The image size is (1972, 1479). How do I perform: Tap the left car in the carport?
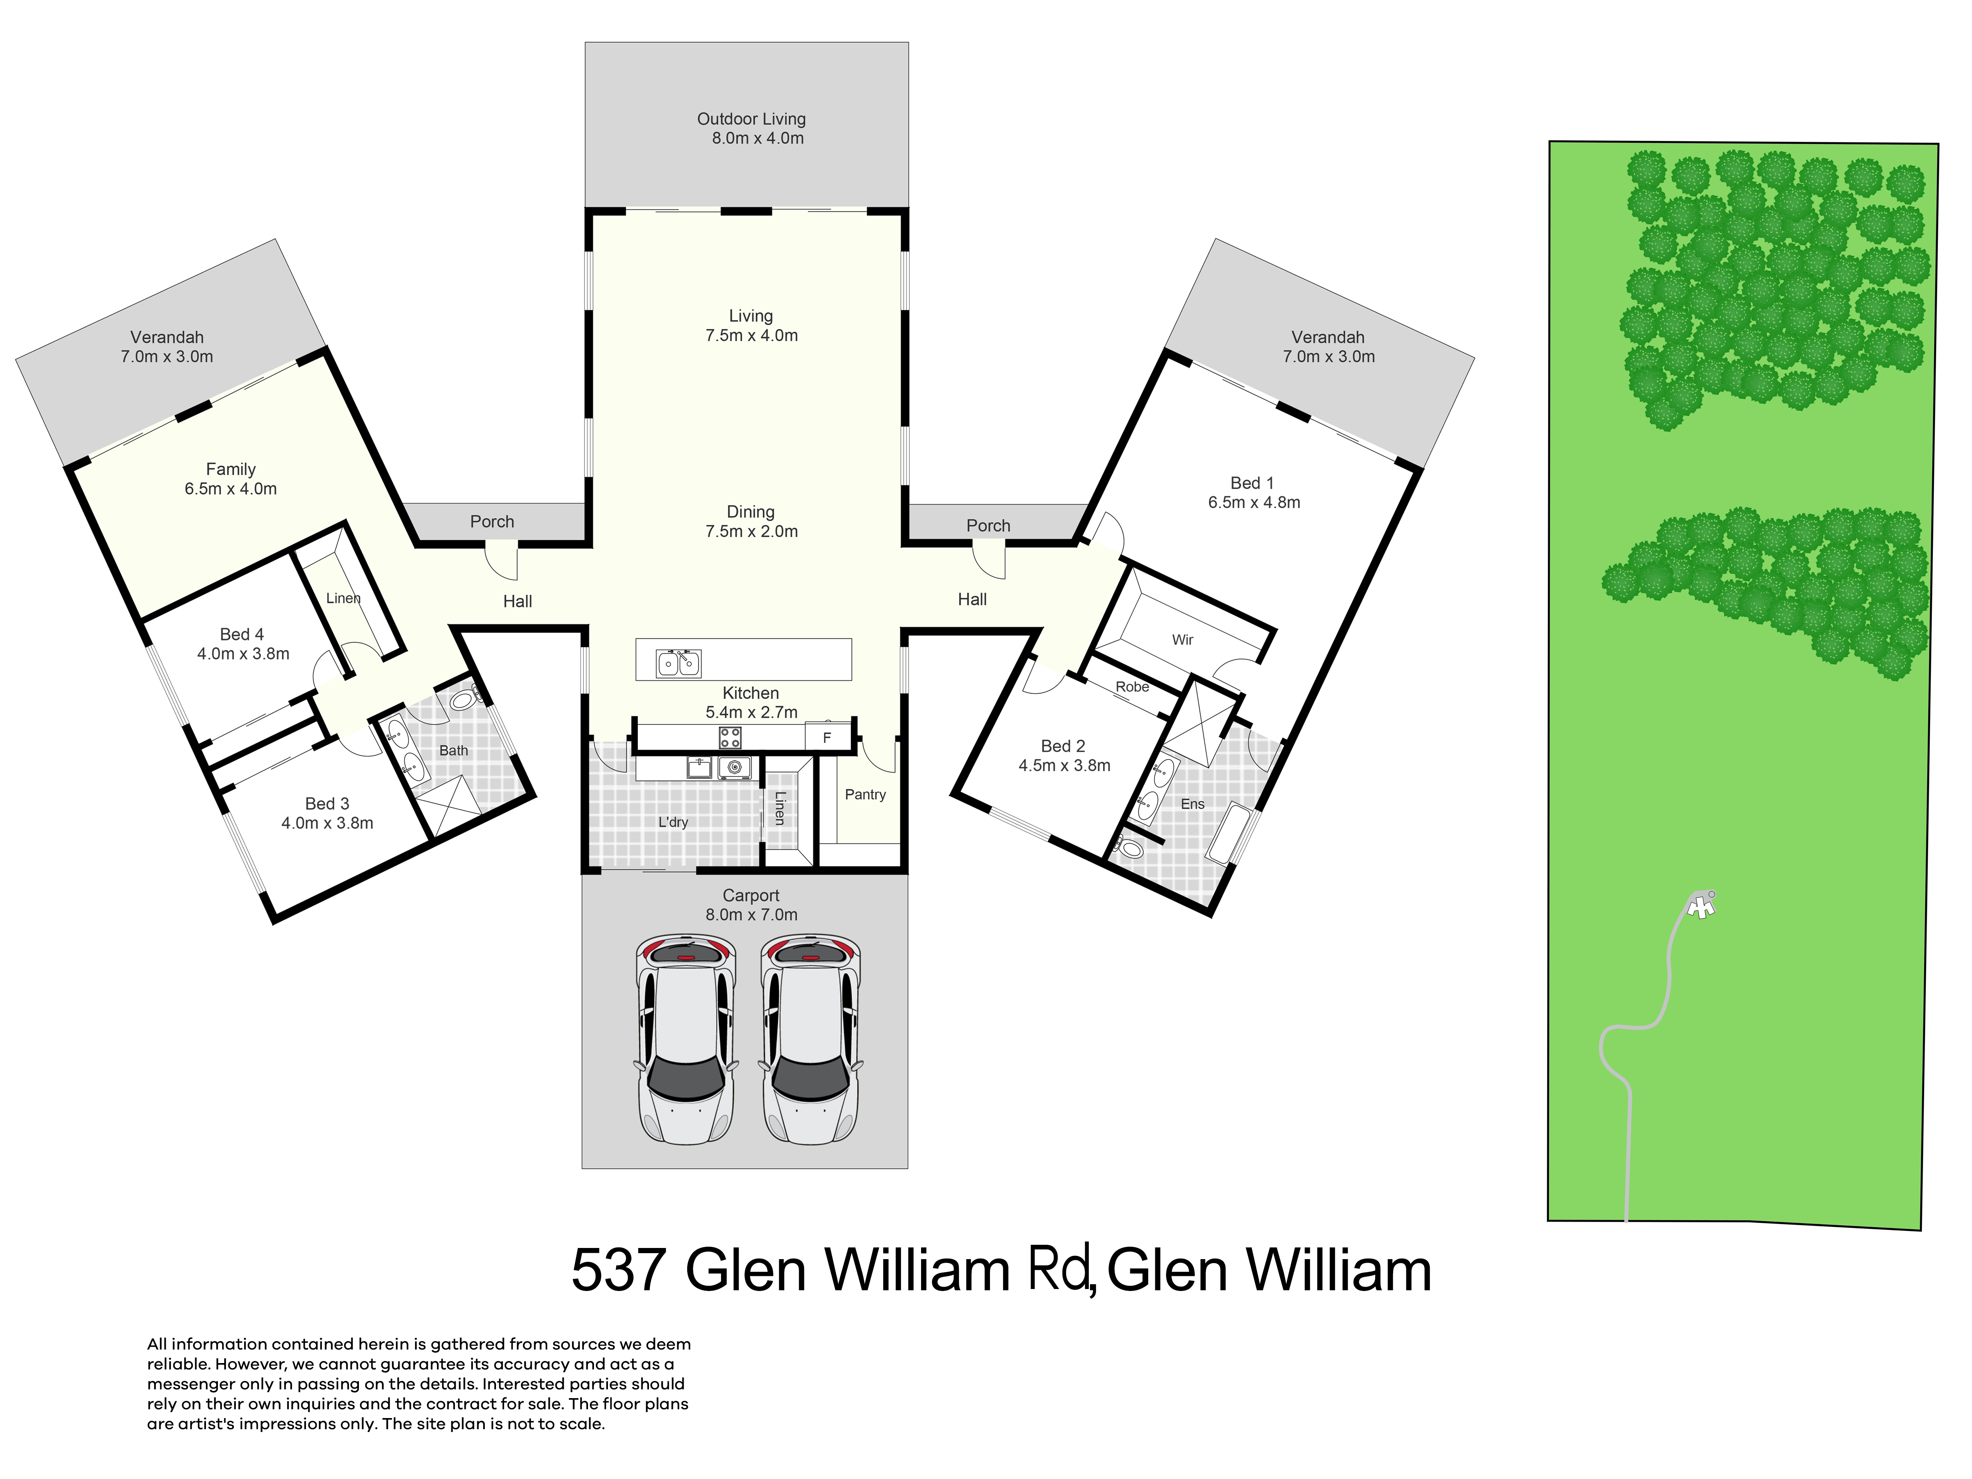click(686, 1040)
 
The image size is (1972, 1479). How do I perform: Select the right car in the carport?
click(810, 1040)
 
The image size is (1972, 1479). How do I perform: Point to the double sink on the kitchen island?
click(678, 663)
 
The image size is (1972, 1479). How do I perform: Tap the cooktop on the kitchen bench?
click(730, 737)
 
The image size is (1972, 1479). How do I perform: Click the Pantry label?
click(865, 794)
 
